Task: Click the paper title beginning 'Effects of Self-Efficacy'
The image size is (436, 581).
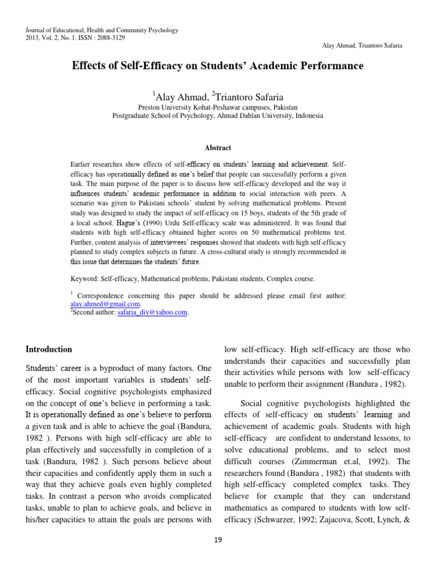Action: tap(217, 66)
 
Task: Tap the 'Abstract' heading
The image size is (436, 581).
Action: tap(217, 148)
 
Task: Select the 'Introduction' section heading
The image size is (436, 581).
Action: tap(49, 349)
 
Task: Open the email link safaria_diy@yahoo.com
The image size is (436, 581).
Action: tap(153, 312)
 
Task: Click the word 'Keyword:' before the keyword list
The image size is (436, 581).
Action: tap(84, 279)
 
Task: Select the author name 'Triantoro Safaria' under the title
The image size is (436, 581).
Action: tap(250, 95)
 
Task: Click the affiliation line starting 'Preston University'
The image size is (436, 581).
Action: tap(217, 107)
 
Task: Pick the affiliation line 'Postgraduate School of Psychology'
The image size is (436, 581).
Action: tap(217, 115)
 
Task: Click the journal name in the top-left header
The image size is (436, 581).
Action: tap(102, 30)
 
